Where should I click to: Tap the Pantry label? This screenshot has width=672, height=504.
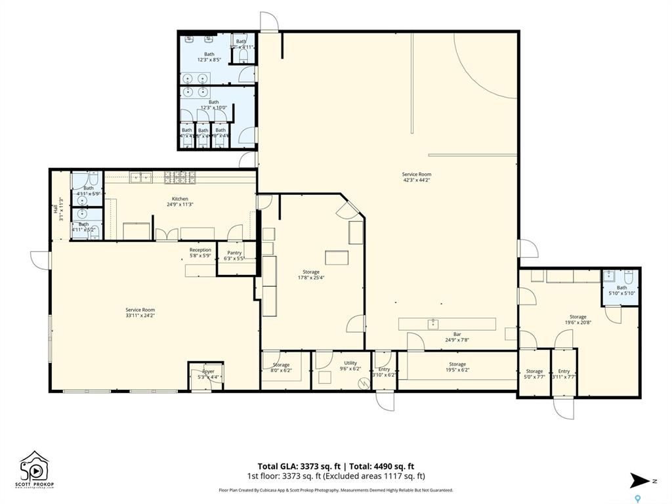pos(234,253)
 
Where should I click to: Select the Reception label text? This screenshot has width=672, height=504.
pos(200,250)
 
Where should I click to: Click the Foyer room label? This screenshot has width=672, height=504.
pos(208,371)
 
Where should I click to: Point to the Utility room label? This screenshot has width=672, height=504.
pos(350,362)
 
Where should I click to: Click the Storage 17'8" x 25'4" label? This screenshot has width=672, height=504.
pos(311,272)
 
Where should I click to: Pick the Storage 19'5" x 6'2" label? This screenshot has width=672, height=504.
pos(457,364)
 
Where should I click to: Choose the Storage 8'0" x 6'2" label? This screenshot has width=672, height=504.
pos(282,365)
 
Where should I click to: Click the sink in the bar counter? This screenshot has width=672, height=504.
pos(433,324)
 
